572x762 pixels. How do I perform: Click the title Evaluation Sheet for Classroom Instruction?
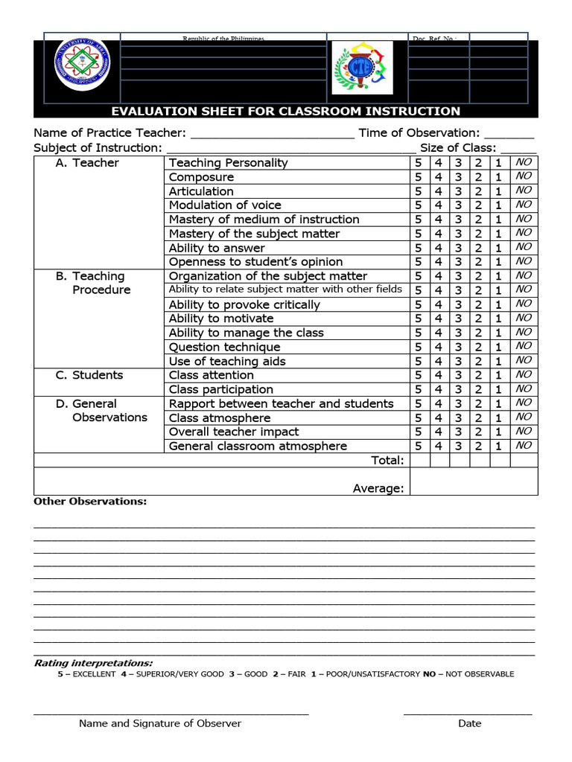(285, 112)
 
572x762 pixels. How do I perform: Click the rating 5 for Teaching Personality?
(419, 163)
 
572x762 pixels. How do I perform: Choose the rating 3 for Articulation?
(459, 191)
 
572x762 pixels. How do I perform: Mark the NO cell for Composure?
(524, 176)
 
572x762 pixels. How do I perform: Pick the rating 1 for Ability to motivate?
(498, 318)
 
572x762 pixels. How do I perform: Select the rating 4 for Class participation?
(439, 389)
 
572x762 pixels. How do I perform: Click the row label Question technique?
(225, 347)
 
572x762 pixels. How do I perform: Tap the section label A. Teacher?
(87, 163)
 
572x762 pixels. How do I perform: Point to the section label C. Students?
(89, 375)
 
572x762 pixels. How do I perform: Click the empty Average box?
(474, 481)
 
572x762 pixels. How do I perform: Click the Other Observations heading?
(90, 502)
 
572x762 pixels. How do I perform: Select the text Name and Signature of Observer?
(160, 723)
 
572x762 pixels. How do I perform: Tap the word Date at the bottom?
(470, 723)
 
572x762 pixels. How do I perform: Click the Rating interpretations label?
(93, 663)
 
